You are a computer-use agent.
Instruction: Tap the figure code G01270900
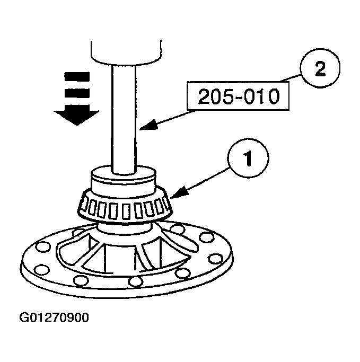click(54, 318)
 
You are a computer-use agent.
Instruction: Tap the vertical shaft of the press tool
click(125, 117)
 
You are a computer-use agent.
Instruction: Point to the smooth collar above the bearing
click(124, 180)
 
